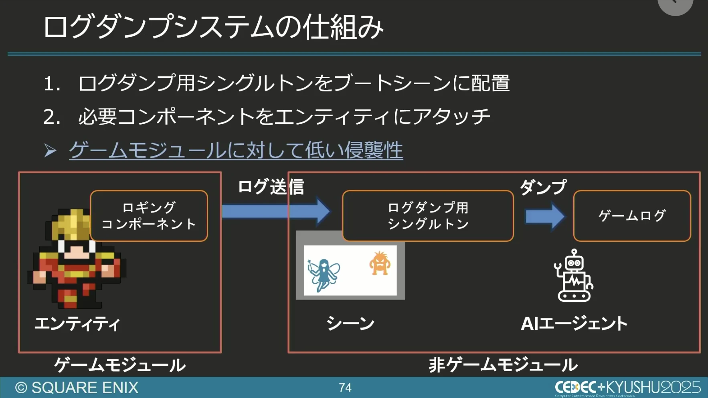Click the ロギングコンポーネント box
coord(149,216)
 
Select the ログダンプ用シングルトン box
coord(428,216)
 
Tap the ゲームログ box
coord(632,216)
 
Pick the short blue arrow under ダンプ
coord(544,216)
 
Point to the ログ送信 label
coord(271,187)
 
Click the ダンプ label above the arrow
coord(543,187)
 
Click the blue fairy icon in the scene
coord(324,275)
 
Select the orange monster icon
coord(379,263)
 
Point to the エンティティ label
coord(77,324)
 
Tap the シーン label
coord(350,323)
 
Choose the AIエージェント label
coord(574,324)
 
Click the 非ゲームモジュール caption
coord(503,365)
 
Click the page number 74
coord(345,388)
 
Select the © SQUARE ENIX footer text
coord(77,388)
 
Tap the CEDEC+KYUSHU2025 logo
coord(627,387)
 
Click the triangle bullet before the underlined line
coord(50,151)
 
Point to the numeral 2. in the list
coord(52,117)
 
